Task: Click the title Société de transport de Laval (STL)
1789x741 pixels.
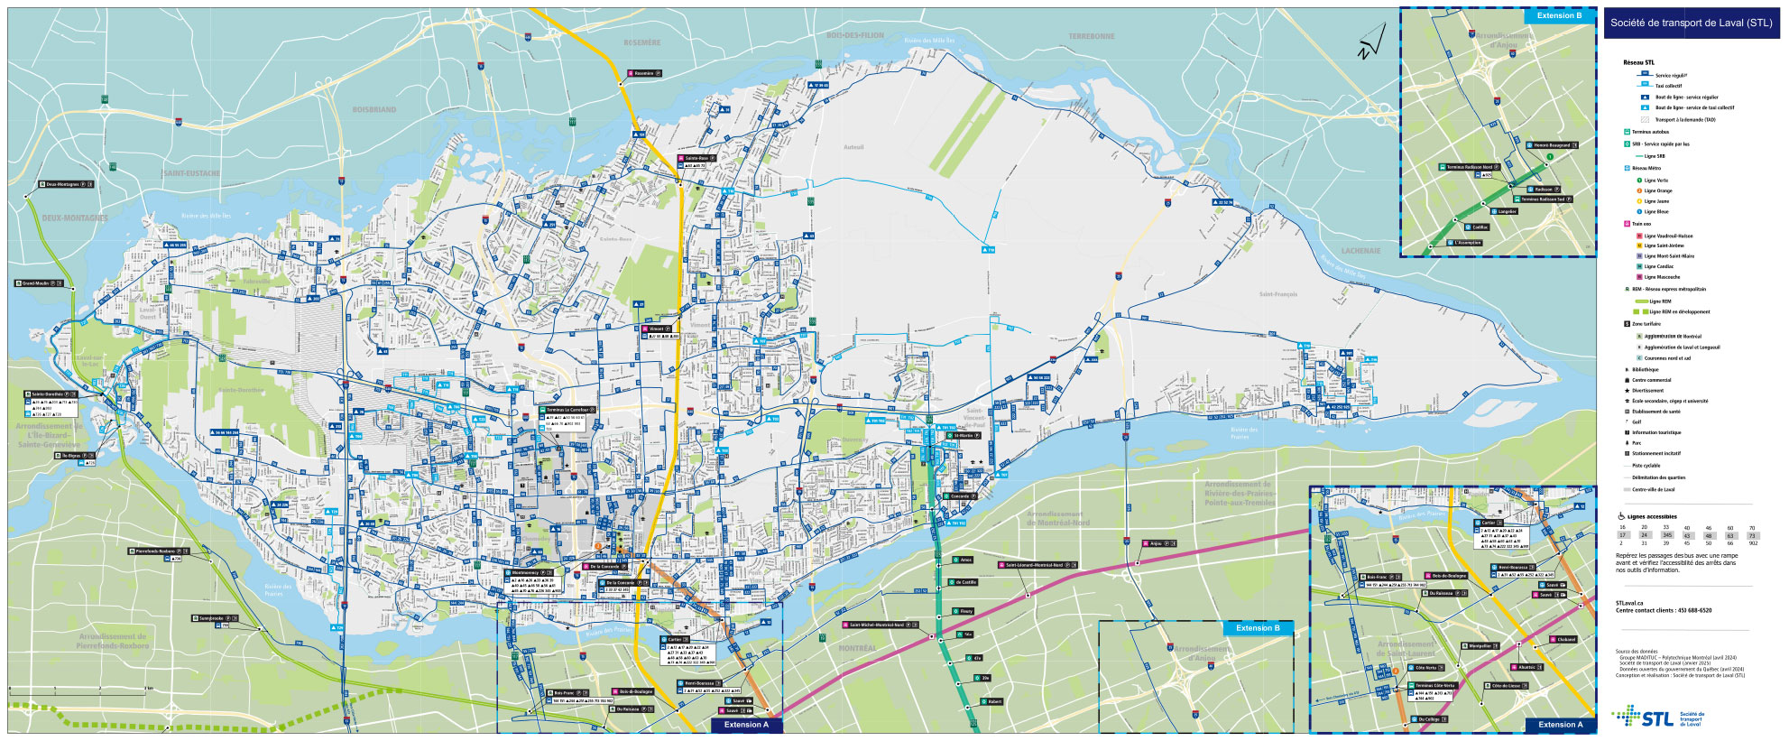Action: pos(1691,23)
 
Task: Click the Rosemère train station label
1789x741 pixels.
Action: pos(645,73)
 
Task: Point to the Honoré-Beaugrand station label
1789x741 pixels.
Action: pos(1553,145)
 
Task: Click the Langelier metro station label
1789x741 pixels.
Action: pos(1508,211)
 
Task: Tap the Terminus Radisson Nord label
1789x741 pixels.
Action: pos(1470,167)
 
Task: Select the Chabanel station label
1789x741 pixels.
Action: pos(1565,639)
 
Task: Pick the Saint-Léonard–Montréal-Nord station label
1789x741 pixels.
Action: pos(1035,565)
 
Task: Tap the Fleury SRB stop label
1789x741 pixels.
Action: pos(966,611)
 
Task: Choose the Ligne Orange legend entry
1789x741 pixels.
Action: pos(1657,190)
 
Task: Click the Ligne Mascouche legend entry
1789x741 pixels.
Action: pos(1662,277)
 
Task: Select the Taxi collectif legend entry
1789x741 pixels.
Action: pos(1668,86)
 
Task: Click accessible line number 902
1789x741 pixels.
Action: pos(1752,543)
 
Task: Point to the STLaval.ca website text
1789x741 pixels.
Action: pos(1628,603)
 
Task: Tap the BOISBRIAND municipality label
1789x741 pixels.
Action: pos(373,110)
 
